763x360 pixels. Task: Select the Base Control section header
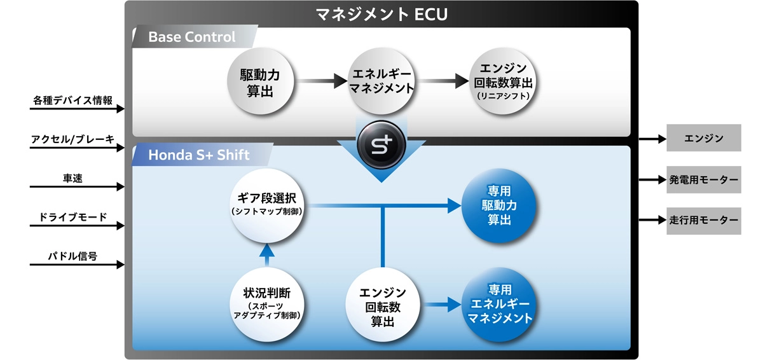(x=191, y=37)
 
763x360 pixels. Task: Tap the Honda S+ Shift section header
(x=199, y=155)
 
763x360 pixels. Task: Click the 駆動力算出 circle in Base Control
(x=259, y=83)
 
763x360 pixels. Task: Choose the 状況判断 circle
(x=266, y=303)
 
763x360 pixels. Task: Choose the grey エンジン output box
(x=703, y=138)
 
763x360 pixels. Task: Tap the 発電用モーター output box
(x=703, y=180)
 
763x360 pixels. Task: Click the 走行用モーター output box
(x=703, y=221)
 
